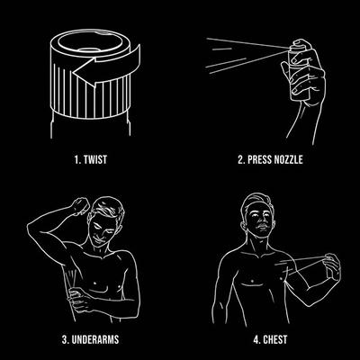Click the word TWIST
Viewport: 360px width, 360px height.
click(95, 159)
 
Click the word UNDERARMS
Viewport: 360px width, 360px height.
click(94, 339)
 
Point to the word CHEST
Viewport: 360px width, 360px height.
click(275, 339)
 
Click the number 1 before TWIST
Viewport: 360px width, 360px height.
click(77, 159)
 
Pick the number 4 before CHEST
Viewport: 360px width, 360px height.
click(256, 339)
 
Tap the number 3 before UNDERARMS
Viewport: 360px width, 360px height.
click(65, 339)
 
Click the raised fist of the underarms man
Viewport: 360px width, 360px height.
click(80, 205)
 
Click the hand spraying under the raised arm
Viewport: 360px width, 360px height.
click(78, 298)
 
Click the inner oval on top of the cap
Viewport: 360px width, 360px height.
click(89, 42)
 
